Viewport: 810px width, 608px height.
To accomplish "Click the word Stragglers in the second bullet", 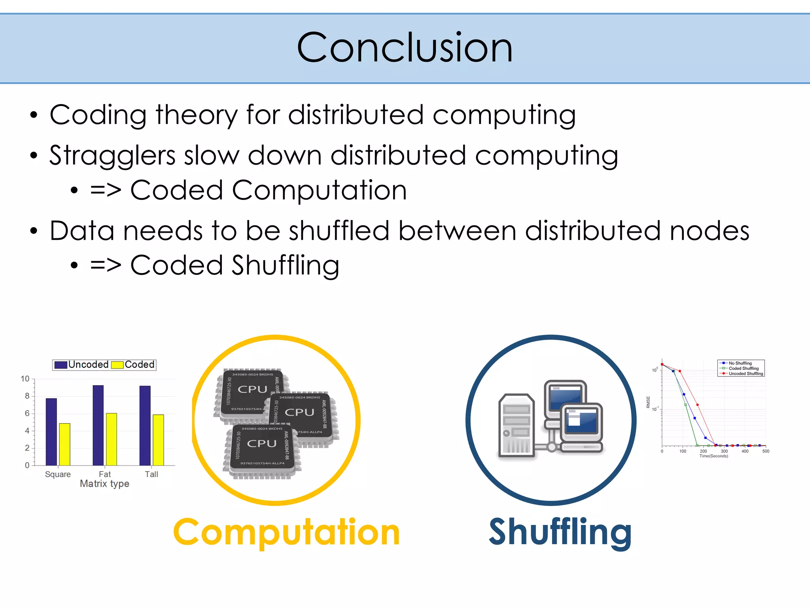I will [112, 156].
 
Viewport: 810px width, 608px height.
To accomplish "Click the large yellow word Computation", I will [286, 532].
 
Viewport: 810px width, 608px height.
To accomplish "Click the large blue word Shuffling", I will [560, 532].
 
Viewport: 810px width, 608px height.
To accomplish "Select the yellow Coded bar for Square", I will [64, 444].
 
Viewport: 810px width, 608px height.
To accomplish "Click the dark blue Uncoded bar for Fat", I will [98, 425].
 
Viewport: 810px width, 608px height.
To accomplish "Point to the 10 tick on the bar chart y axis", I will [25, 379].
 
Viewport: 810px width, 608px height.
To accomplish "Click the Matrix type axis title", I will [104, 484].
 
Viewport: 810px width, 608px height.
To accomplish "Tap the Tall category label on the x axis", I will [151, 474].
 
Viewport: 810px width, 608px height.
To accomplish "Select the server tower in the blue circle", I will [516, 426].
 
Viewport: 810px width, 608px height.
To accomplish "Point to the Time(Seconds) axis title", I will [713, 456].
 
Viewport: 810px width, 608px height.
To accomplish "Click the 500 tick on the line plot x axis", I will [766, 451].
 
